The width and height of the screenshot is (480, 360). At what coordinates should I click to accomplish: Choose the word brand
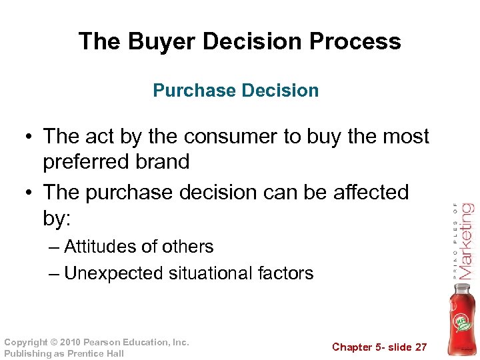pyautogui.click(x=164, y=162)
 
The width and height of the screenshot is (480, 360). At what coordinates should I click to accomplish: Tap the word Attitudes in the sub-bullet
pyautogui.click(x=104, y=247)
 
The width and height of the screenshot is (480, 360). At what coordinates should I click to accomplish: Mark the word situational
pyautogui.click(x=211, y=273)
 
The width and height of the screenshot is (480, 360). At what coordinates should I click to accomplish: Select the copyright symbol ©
pyautogui.click(x=54, y=342)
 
